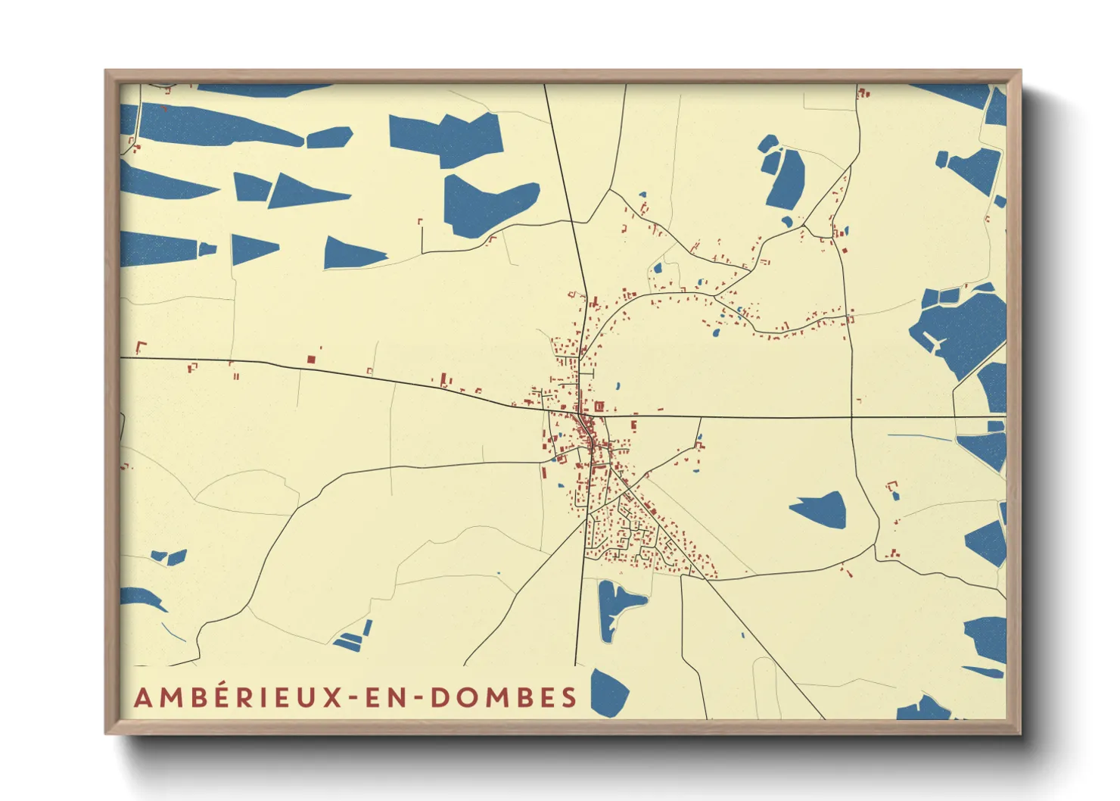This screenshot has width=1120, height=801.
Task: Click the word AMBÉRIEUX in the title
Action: (x=241, y=697)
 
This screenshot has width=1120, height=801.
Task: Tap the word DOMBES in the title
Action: (x=504, y=697)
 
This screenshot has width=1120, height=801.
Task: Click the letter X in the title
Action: (x=334, y=697)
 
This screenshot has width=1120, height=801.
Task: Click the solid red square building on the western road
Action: (x=310, y=360)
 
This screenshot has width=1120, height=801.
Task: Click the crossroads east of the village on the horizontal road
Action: (x=851, y=417)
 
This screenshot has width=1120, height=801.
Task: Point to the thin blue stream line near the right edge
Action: (x=919, y=437)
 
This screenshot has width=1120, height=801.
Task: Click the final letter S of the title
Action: (x=570, y=697)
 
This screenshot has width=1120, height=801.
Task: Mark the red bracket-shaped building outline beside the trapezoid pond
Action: (x=892, y=485)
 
